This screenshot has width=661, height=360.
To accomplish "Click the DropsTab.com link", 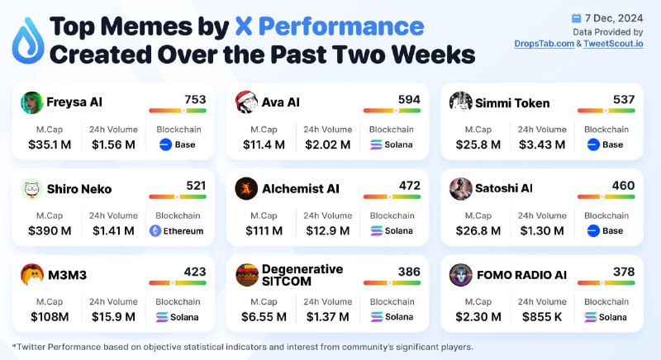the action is (544, 44).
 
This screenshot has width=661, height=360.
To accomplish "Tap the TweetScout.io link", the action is (613, 44).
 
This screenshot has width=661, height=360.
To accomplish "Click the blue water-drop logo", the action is (28, 40).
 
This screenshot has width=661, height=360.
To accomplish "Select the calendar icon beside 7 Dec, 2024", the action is (576, 18).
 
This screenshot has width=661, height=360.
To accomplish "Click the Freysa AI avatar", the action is (32, 102).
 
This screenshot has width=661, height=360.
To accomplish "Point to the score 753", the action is (195, 99).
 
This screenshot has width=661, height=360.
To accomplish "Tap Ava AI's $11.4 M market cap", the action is (264, 144).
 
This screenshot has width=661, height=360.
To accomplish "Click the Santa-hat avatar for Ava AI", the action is (246, 102).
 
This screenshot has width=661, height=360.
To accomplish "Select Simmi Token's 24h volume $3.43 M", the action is (542, 144).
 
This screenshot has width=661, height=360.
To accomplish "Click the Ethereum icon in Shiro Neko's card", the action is (155, 230).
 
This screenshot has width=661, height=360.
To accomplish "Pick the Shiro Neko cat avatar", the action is (32, 189).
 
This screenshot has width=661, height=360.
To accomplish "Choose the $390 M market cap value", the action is (50, 230).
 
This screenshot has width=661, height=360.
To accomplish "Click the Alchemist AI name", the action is (301, 189).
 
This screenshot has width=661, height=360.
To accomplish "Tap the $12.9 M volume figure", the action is (328, 230).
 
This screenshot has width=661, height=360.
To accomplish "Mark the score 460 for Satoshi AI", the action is (624, 186).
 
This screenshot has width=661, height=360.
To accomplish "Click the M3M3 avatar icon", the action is (32, 275).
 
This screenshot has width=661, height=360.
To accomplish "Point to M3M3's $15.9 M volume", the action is (113, 317).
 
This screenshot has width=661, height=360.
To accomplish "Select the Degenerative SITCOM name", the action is (302, 275).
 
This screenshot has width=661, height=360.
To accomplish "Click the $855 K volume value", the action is (542, 317).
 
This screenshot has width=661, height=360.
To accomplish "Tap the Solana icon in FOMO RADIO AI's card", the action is (591, 317).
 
